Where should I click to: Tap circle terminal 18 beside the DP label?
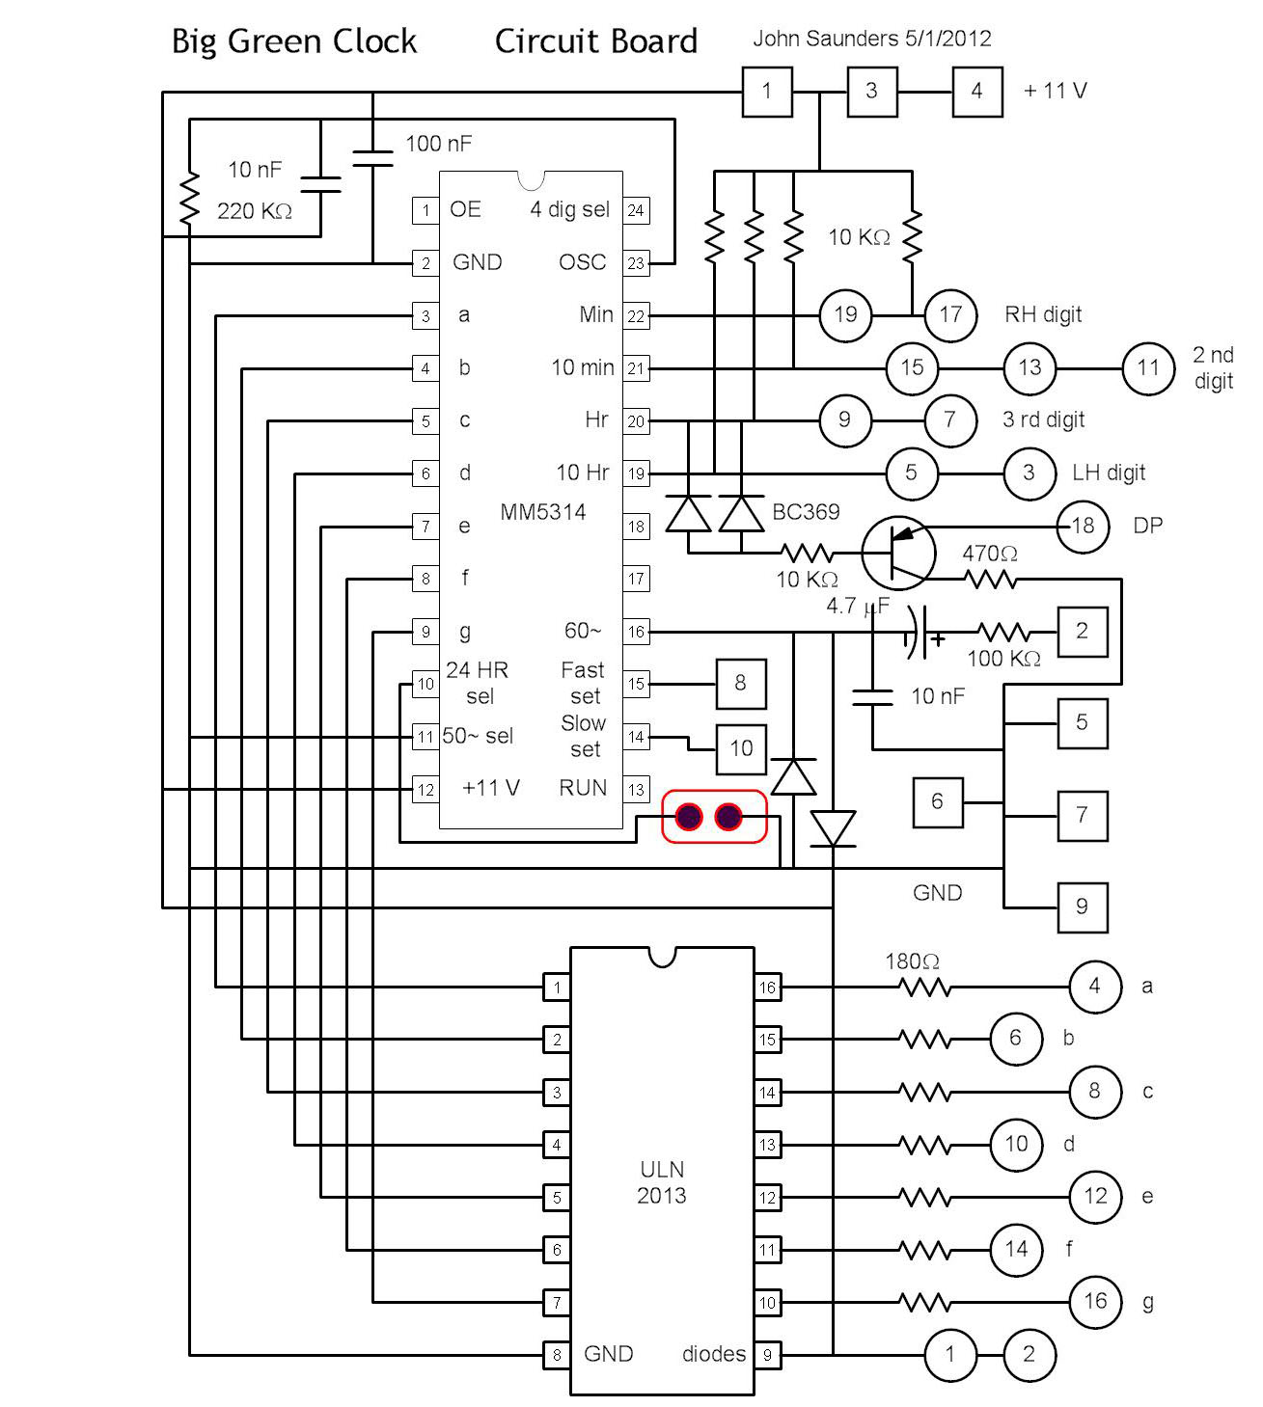(1083, 526)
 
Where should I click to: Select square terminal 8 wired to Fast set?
(740, 684)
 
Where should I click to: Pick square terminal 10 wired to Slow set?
(740, 748)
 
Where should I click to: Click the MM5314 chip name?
(542, 512)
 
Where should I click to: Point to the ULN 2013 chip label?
(662, 1182)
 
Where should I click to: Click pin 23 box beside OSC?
(636, 262)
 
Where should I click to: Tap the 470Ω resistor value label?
(989, 554)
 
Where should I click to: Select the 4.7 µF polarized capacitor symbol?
(921, 633)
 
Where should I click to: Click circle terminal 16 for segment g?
(1095, 1302)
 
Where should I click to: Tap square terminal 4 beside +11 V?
(976, 92)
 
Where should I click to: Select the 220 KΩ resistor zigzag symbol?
(189, 201)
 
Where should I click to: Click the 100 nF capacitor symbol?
(372, 158)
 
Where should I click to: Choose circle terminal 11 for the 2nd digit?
(1147, 367)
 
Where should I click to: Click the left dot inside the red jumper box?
(688, 817)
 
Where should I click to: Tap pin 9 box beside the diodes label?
(767, 1355)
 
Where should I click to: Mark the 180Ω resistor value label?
(912, 961)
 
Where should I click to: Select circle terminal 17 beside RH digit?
(950, 314)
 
